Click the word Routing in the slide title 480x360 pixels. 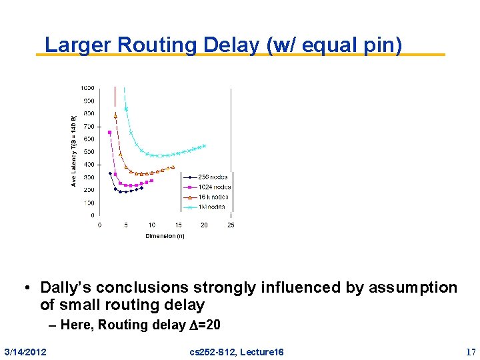point(157,45)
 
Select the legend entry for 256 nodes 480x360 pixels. point(213,177)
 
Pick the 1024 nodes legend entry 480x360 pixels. point(214,187)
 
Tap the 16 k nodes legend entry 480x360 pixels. point(213,197)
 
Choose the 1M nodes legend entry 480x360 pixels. point(211,207)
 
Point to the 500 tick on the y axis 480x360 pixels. point(88,152)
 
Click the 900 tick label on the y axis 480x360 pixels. point(88,101)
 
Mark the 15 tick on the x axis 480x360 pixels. point(178,225)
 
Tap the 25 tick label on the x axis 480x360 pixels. point(230,225)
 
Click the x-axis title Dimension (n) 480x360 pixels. point(165,236)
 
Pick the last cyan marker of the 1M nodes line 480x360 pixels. point(204,145)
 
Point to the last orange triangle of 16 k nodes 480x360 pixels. point(173,167)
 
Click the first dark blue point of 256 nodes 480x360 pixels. point(110,173)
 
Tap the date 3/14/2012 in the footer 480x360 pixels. point(25,351)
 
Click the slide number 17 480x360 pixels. point(471,351)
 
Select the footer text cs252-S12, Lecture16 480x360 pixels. point(236,351)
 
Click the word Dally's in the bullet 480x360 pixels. point(67,287)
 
